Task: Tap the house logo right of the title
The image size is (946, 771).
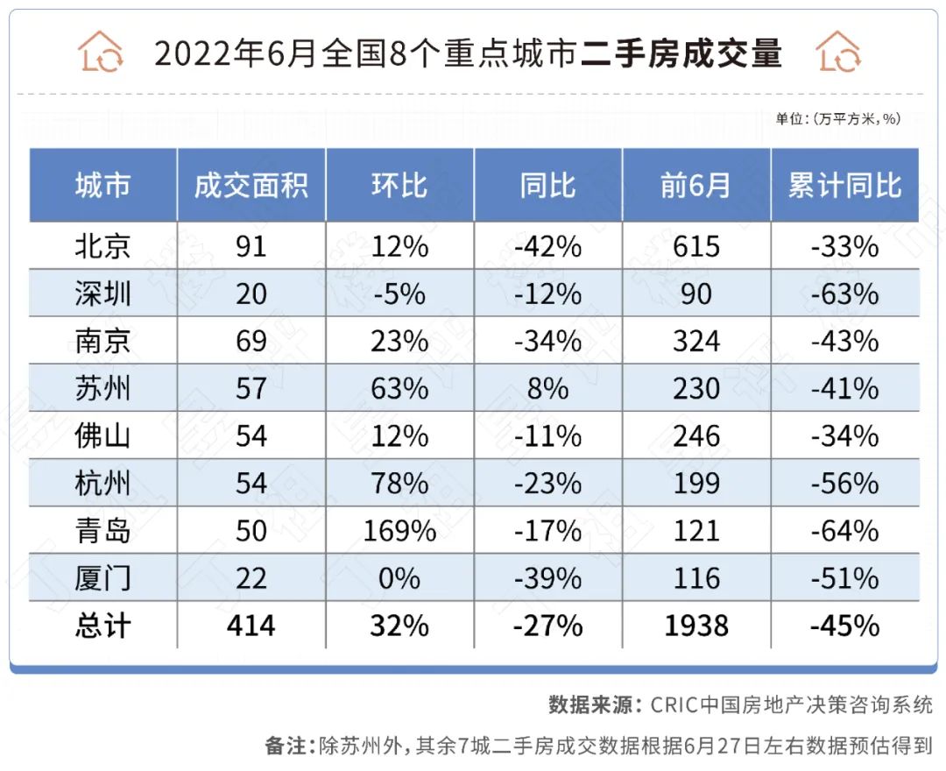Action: point(838,52)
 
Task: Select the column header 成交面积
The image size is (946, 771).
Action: point(251,186)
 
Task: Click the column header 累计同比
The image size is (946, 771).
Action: point(844,186)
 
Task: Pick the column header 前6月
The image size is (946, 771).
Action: point(696,186)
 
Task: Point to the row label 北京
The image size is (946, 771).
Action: point(102,246)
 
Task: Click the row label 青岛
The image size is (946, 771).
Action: point(102,531)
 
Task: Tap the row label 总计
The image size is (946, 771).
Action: point(102,626)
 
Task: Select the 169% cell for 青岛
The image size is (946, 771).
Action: point(399,531)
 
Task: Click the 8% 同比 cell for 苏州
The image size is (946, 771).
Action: point(548,388)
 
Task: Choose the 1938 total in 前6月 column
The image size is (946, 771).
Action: point(696,626)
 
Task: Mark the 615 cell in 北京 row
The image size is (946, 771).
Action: point(696,246)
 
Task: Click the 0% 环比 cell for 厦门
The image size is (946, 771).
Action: point(399,578)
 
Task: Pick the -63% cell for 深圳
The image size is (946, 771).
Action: point(844,294)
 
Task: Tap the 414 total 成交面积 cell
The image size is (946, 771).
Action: point(251,626)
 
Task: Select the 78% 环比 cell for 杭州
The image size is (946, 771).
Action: point(399,484)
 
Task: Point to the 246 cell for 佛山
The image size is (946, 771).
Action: point(696,435)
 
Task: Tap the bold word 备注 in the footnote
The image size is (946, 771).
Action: point(288,746)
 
